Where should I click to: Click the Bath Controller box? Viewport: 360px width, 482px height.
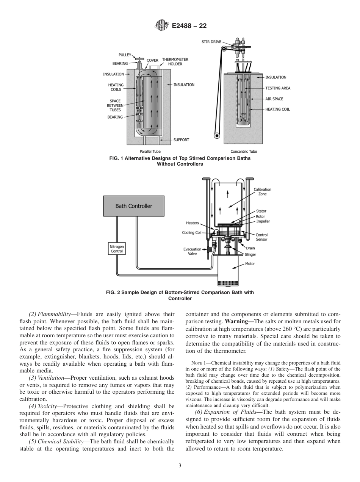point(134,206)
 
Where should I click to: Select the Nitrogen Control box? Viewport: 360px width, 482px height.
point(117,249)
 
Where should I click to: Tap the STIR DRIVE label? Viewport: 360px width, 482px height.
point(211,42)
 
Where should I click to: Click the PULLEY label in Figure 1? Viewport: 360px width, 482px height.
point(125,55)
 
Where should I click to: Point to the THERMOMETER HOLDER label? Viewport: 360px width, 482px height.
point(175,62)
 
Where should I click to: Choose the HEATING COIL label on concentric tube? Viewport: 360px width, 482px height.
point(277,110)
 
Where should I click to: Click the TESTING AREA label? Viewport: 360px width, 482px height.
point(278,88)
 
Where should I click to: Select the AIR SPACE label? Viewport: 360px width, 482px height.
point(274,99)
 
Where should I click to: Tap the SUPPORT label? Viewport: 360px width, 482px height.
point(181,140)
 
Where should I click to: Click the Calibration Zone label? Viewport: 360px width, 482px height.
point(262,192)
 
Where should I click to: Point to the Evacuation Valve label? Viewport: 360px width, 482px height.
point(192,252)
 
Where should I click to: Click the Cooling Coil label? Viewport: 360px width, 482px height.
point(191,233)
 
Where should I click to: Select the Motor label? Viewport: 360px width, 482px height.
point(250,264)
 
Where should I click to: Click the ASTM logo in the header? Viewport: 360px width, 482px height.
point(162,26)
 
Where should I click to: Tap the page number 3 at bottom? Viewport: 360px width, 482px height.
point(180,465)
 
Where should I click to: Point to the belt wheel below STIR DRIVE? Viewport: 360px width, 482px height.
point(217,136)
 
